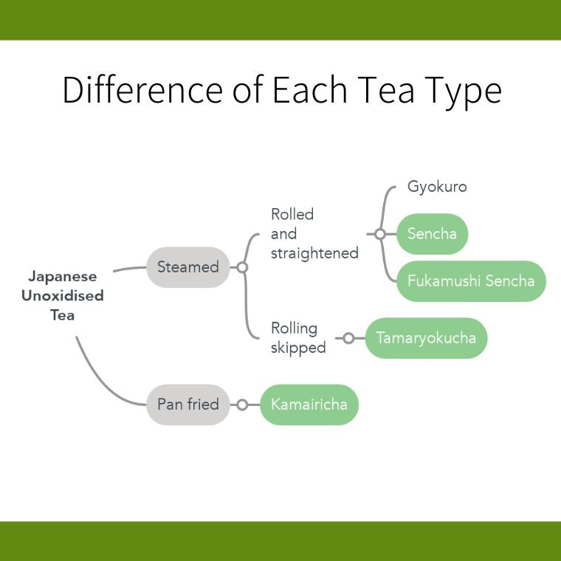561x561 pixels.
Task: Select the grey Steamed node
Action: point(188,267)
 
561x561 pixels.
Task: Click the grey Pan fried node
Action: point(188,405)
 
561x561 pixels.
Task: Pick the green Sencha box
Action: point(433,234)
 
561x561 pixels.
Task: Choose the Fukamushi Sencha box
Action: point(471,280)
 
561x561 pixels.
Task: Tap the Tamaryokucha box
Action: point(426,338)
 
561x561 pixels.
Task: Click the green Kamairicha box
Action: point(309,405)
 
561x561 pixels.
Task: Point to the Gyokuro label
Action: point(437,187)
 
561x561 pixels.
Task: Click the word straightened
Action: point(314,253)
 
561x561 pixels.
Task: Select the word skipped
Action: point(298,348)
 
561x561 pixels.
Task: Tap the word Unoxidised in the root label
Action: point(63,296)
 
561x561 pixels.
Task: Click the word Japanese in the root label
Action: point(63,277)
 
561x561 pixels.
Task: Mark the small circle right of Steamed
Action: point(242,267)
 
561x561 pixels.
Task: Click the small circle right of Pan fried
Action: point(242,405)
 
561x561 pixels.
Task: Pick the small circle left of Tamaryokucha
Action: point(348,338)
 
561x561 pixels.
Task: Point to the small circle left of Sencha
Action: point(380,234)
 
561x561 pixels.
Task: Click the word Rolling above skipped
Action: point(294,328)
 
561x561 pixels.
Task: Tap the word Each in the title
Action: point(310,89)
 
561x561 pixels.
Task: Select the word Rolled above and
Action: point(292,214)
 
